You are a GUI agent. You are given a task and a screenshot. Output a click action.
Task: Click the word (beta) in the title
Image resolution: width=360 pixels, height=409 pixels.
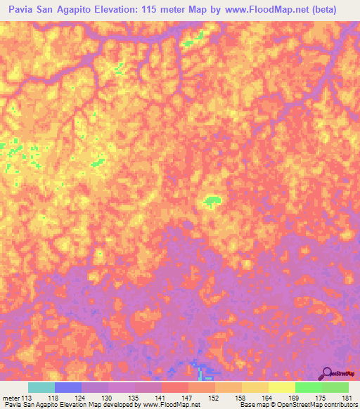point(320,10)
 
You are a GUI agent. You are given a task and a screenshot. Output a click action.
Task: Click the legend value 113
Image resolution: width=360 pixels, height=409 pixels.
point(26,397)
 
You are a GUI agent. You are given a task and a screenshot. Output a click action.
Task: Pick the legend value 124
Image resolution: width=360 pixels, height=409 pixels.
point(81,397)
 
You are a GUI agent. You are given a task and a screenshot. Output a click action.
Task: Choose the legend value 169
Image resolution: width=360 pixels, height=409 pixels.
point(295,397)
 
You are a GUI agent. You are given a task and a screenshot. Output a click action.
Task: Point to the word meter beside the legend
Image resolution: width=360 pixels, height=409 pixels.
point(10,397)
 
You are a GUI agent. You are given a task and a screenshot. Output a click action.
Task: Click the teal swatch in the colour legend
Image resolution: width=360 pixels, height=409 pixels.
point(41,387)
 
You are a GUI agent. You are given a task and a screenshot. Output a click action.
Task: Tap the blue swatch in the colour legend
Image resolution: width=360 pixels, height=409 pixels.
point(68,387)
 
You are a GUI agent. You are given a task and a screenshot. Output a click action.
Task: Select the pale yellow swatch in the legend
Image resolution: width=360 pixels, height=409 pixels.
point(282,387)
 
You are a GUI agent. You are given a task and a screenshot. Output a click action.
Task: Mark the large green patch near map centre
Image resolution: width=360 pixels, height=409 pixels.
point(210,202)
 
